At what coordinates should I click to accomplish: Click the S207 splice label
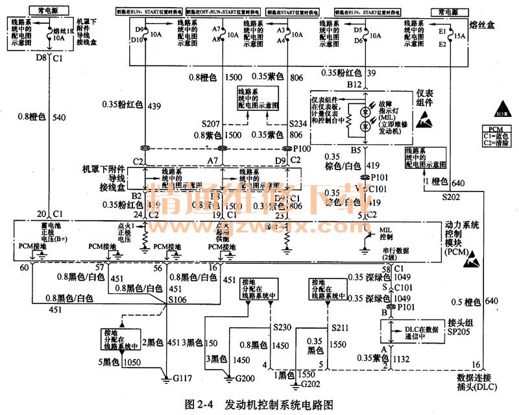tap(211, 123)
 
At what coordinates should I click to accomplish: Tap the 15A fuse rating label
tap(460, 36)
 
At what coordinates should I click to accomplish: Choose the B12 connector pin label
tap(354, 84)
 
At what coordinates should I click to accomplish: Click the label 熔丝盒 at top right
tap(494, 25)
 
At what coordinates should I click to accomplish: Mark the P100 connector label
tap(303, 148)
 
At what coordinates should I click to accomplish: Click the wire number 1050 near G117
tap(132, 362)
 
